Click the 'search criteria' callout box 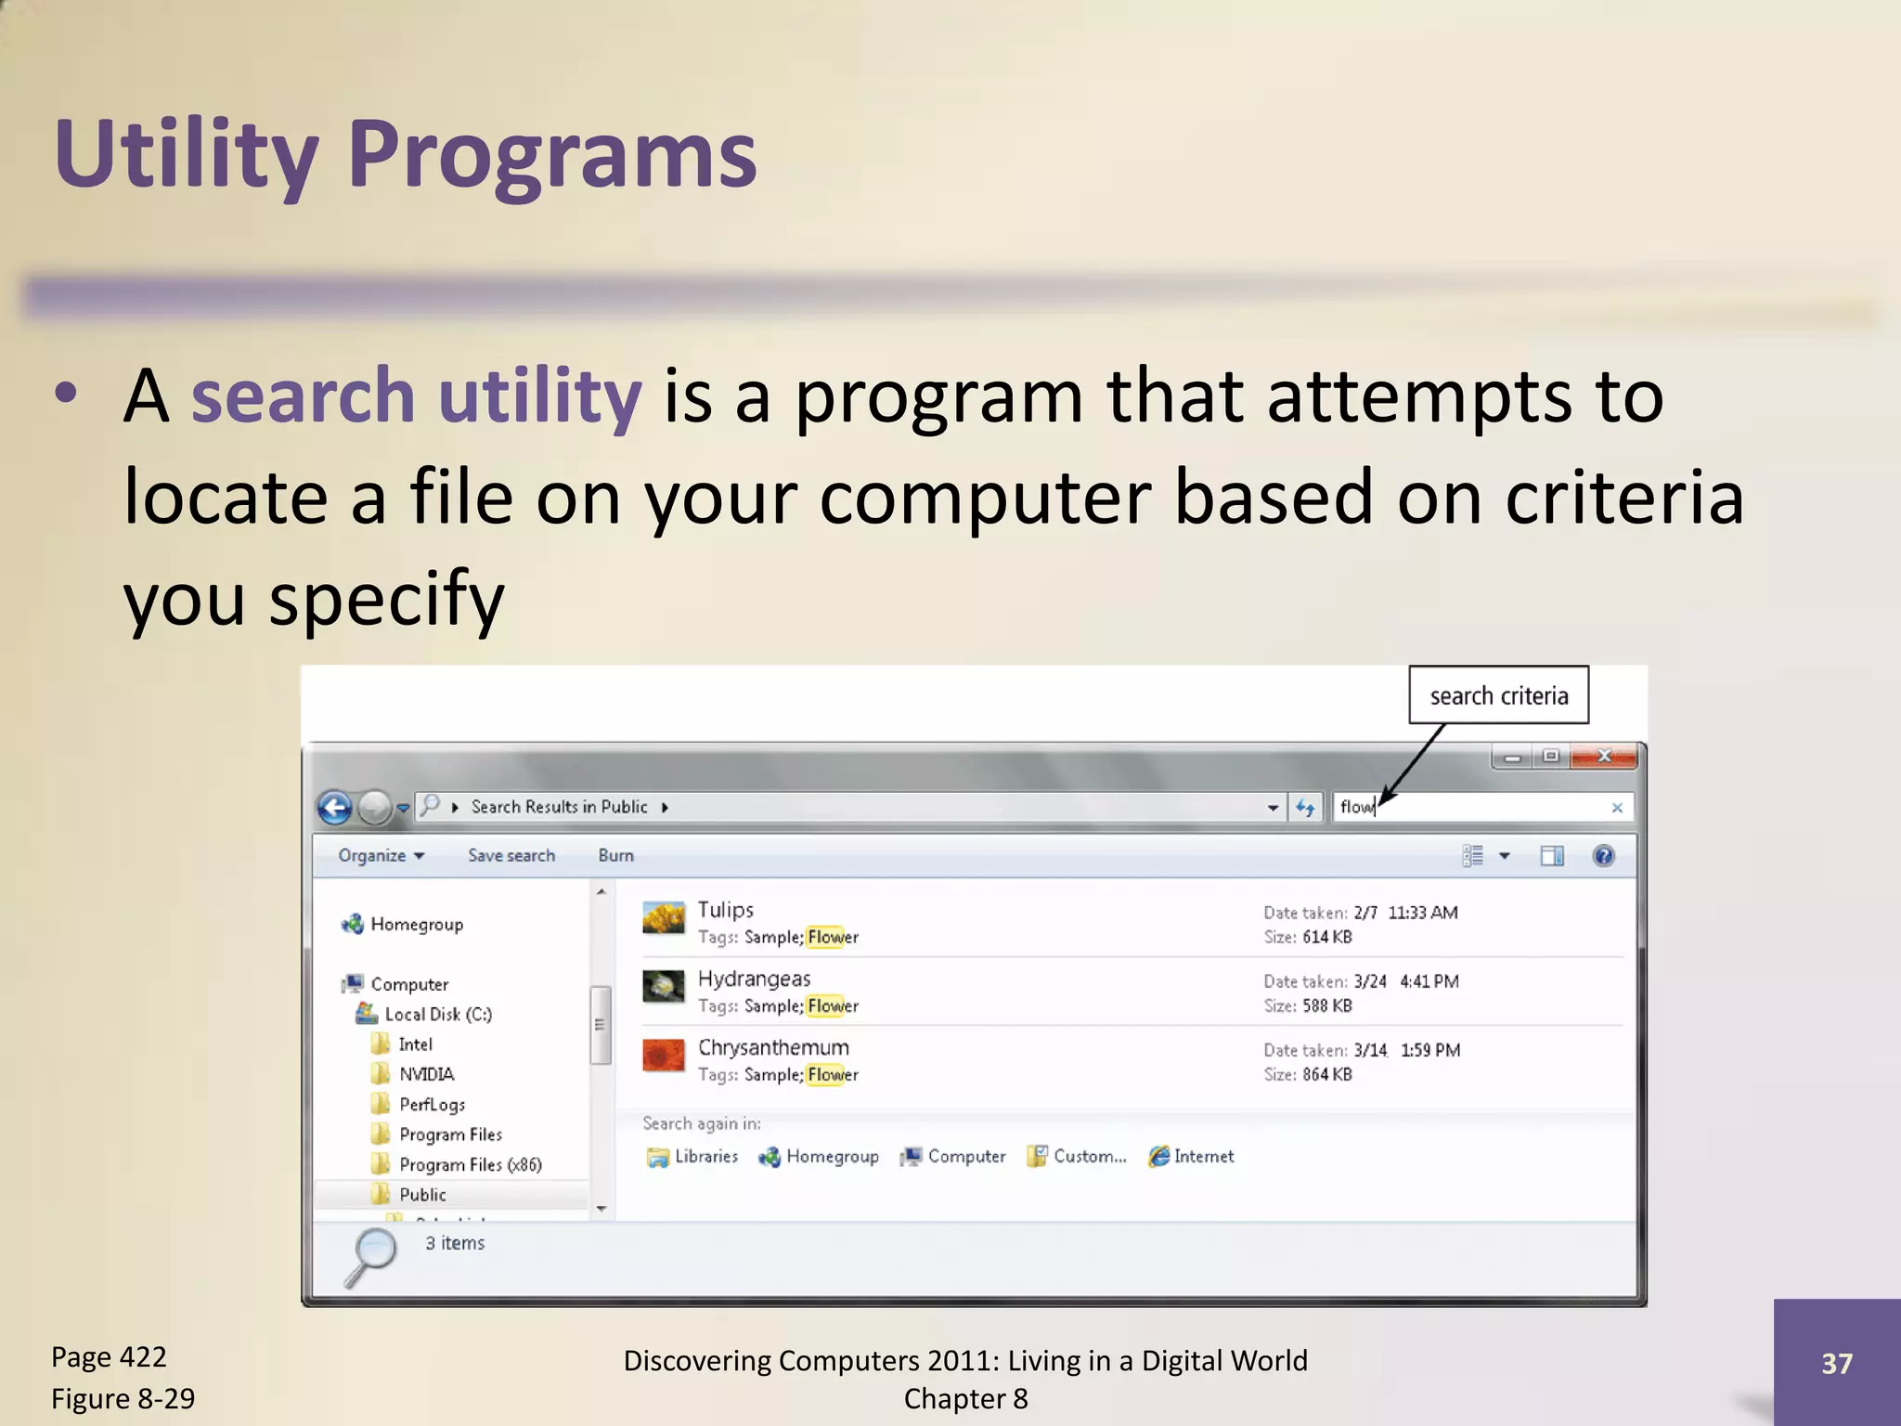point(1498,695)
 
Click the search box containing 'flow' point(1476,808)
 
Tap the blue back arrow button point(335,808)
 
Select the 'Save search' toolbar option point(511,856)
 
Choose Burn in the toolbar point(615,856)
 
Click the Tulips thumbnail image point(664,919)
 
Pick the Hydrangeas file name point(754,979)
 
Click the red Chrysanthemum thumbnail point(664,1056)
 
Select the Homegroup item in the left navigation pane point(416,925)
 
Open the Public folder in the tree point(422,1195)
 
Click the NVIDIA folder point(426,1074)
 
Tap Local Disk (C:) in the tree point(437,1015)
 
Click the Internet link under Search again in point(1203,1157)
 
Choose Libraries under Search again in point(705,1157)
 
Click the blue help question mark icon point(1603,856)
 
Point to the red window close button point(1603,758)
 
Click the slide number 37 point(1836,1364)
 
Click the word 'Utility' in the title point(187,155)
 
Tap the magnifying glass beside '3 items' point(371,1256)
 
